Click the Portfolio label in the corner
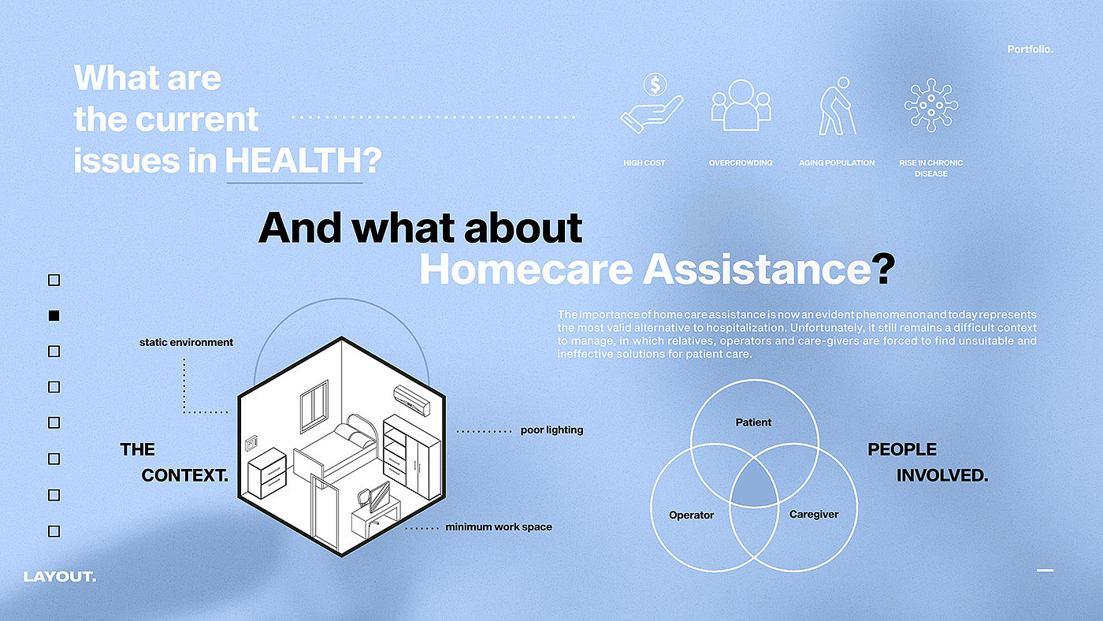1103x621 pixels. [x=1030, y=49]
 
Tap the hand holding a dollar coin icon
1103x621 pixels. [x=652, y=103]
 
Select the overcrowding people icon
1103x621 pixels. [x=741, y=105]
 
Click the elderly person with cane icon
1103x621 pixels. [x=837, y=106]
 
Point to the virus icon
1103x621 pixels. [x=931, y=105]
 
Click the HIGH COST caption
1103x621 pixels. [x=644, y=163]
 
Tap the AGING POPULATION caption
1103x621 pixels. [x=837, y=163]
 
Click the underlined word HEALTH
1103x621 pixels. [x=295, y=161]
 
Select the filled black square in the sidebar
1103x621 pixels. [x=54, y=316]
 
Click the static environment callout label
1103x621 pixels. [x=186, y=342]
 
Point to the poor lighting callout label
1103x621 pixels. [x=551, y=430]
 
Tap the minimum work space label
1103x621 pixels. [x=499, y=527]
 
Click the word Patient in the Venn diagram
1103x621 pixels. [x=753, y=422]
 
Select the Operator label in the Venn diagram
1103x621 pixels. [x=692, y=515]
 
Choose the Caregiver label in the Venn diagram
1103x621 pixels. [x=813, y=515]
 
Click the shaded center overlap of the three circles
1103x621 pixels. [x=754, y=485]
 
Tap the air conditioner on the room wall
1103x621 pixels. [x=411, y=400]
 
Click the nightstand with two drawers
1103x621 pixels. [x=267, y=473]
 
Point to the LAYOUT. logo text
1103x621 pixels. [x=60, y=577]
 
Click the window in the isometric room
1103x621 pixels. [x=314, y=406]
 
